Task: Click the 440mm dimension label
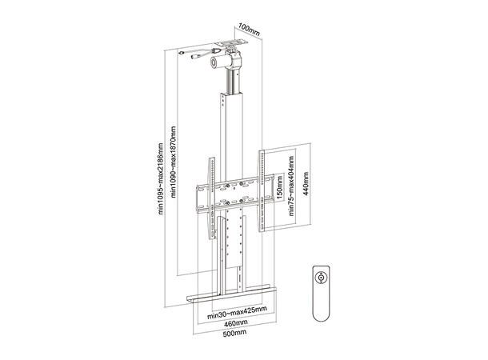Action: pyautogui.click(x=311, y=190)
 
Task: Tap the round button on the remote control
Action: pyautogui.click(x=322, y=277)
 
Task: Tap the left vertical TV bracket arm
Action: pyautogui.click(x=211, y=196)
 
